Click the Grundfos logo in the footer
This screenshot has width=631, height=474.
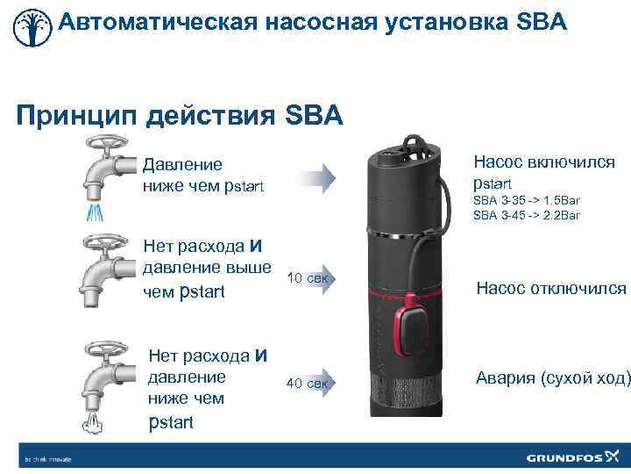click(573, 457)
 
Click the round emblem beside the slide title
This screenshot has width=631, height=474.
click(31, 27)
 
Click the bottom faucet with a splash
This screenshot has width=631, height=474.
click(105, 373)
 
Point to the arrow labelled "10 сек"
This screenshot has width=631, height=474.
click(308, 279)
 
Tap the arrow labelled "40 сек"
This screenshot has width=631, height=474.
click(308, 383)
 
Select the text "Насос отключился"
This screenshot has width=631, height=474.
click(551, 288)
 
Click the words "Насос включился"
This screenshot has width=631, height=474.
click(544, 162)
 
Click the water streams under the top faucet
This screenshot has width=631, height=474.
click(96, 213)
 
